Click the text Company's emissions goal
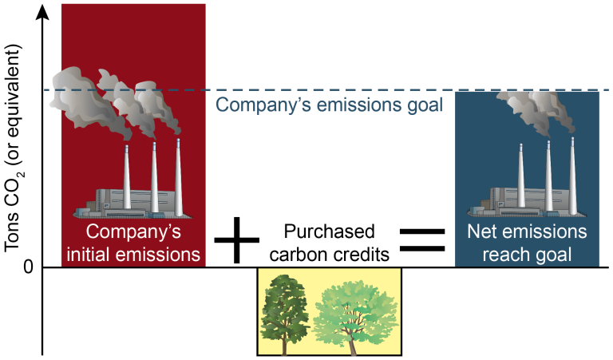pos(330,105)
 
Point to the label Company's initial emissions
pos(133,244)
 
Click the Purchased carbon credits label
pos(330,243)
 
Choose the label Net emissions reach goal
pos(527,244)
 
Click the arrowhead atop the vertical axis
pos(42,10)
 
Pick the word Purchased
pos(330,232)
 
